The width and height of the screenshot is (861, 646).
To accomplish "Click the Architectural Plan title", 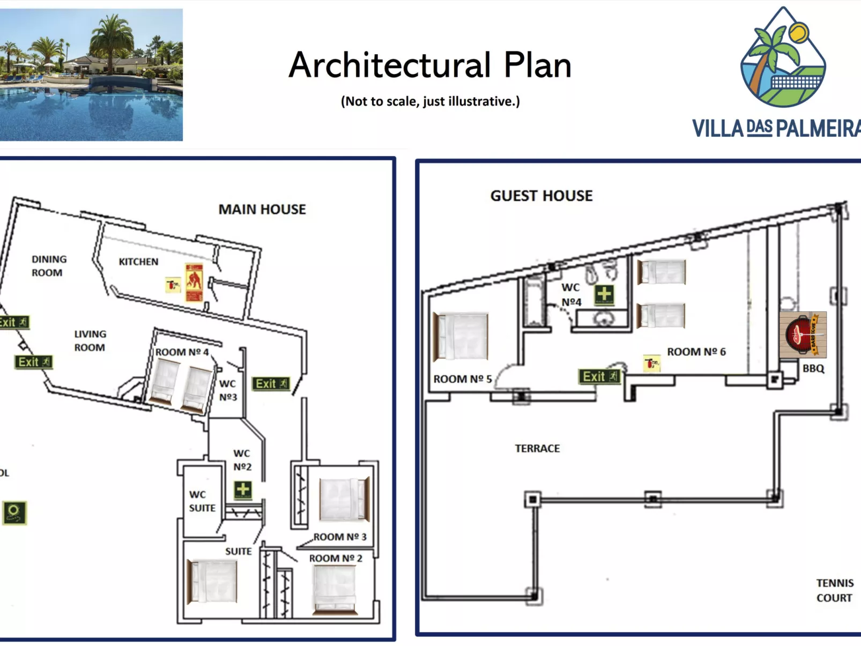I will click(x=430, y=65).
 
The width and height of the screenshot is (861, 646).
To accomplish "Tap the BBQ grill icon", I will click(x=803, y=335).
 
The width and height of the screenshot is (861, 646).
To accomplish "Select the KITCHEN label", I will click(x=138, y=262).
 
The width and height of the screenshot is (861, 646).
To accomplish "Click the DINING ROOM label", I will click(x=49, y=266).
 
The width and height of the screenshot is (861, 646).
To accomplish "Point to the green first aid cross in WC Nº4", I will click(x=604, y=294).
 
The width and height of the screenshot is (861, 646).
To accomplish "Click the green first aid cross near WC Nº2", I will click(x=243, y=489).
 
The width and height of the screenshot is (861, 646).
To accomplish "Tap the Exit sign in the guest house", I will click(x=599, y=377).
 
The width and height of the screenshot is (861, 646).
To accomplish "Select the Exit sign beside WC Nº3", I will click(x=271, y=384).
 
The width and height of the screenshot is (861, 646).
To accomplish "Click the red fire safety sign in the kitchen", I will click(x=194, y=283).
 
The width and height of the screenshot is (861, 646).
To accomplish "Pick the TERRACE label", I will click(x=537, y=448).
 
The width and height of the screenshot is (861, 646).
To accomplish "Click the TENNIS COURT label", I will click(x=834, y=590).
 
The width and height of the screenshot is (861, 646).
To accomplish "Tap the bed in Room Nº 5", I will click(x=461, y=337).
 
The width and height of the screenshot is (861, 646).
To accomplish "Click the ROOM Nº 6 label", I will click(x=696, y=352).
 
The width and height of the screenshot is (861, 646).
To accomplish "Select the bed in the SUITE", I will click(x=212, y=581).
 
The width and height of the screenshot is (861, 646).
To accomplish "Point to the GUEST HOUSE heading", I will click(x=541, y=196).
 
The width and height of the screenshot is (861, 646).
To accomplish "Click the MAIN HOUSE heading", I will click(x=262, y=209).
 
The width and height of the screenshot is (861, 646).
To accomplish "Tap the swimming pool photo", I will click(x=91, y=75).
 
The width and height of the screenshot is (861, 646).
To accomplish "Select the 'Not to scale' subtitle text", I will click(x=430, y=101).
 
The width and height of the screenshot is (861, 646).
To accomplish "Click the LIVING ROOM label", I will click(x=90, y=340).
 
